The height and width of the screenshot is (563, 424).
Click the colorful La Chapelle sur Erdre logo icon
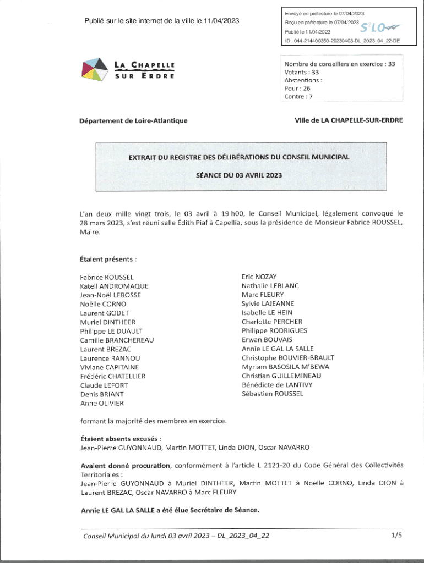[x=94, y=70]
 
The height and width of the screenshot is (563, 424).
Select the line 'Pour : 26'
[x=297, y=88]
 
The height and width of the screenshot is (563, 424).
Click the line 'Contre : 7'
[x=298, y=97]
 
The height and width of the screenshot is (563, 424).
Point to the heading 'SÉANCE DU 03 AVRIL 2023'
[x=239, y=175]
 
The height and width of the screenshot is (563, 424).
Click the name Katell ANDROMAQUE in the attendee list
[x=114, y=286]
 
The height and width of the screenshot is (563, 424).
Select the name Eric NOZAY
[x=259, y=277]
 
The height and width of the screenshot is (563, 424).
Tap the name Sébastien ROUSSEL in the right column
[x=272, y=394]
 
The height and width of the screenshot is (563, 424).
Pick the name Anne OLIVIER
[x=102, y=403]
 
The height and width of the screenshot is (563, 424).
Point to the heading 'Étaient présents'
[x=108, y=258]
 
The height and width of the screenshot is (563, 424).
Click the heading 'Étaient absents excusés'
[x=121, y=439]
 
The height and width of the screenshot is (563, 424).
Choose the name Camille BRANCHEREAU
[x=117, y=340]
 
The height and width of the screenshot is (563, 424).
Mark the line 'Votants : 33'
[x=302, y=72]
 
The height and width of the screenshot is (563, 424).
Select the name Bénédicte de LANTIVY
[x=277, y=385]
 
